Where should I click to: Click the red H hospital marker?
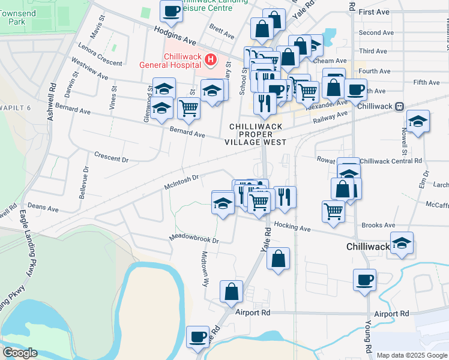pyautogui.click(x=210, y=59)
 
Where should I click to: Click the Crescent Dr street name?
pyautogui.click(x=112, y=157)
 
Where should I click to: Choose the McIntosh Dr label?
pyautogui.click(x=181, y=181)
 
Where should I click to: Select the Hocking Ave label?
pyautogui.click(x=292, y=227)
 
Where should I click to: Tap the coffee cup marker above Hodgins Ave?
pyautogui.click(x=172, y=11)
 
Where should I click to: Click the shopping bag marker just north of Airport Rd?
pyautogui.click(x=231, y=292)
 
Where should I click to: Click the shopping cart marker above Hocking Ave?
pyautogui.click(x=333, y=211)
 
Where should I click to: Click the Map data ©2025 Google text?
pyautogui.click(x=412, y=355)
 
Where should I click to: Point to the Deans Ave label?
pyautogui.click(x=43, y=208)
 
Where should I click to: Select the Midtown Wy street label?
pyautogui.click(x=205, y=269)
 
